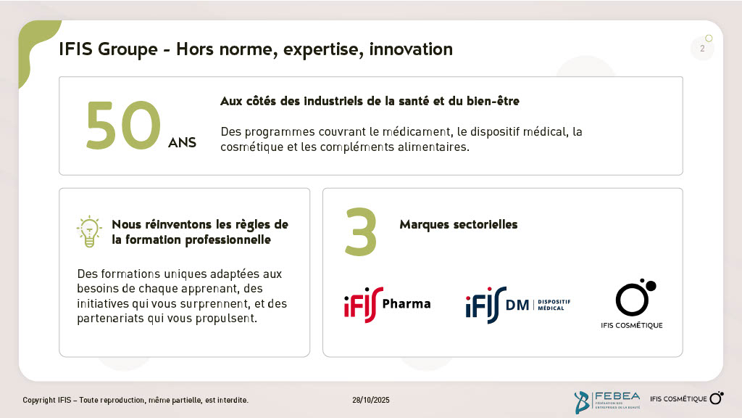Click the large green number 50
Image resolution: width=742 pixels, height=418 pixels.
tap(123, 125)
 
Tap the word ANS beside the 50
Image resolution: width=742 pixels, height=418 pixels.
tap(182, 143)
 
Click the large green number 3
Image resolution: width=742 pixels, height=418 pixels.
tap(361, 231)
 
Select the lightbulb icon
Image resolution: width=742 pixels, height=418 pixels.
tap(89, 231)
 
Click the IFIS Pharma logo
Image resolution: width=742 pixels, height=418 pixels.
tap(387, 304)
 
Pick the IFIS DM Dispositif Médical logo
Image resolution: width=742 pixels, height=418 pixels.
tap(517, 305)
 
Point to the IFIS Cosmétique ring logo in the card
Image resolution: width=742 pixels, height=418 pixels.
tap(635, 297)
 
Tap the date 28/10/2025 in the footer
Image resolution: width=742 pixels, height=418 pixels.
tap(371, 400)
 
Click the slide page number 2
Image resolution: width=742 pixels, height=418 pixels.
tap(702, 49)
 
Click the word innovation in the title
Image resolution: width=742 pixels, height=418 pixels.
tap(411, 49)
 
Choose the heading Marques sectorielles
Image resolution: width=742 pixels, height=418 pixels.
tap(459, 225)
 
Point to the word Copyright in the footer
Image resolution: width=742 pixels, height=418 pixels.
tap(39, 401)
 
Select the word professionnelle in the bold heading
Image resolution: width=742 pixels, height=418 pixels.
tap(228, 240)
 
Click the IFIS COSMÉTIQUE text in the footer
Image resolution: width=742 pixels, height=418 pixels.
tap(678, 399)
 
